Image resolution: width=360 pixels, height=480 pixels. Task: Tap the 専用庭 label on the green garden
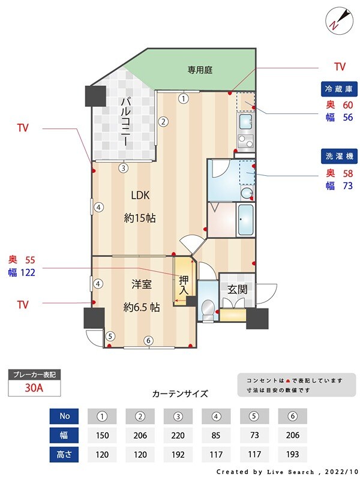[x=200, y=70]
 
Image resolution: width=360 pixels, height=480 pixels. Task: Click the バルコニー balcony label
[x=125, y=122]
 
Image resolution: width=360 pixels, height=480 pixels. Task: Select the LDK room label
[x=140, y=195]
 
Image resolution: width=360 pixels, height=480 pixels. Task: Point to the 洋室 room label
[x=141, y=284]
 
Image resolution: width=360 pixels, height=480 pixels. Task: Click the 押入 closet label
[x=184, y=285]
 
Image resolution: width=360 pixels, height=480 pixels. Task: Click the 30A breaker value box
[x=34, y=388]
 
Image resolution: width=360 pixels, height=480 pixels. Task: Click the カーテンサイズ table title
[x=180, y=394]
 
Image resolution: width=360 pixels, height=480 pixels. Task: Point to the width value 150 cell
[x=103, y=434]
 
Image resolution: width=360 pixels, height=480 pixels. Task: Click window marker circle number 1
[x=183, y=98]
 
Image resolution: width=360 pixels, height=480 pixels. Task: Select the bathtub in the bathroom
[x=246, y=220]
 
